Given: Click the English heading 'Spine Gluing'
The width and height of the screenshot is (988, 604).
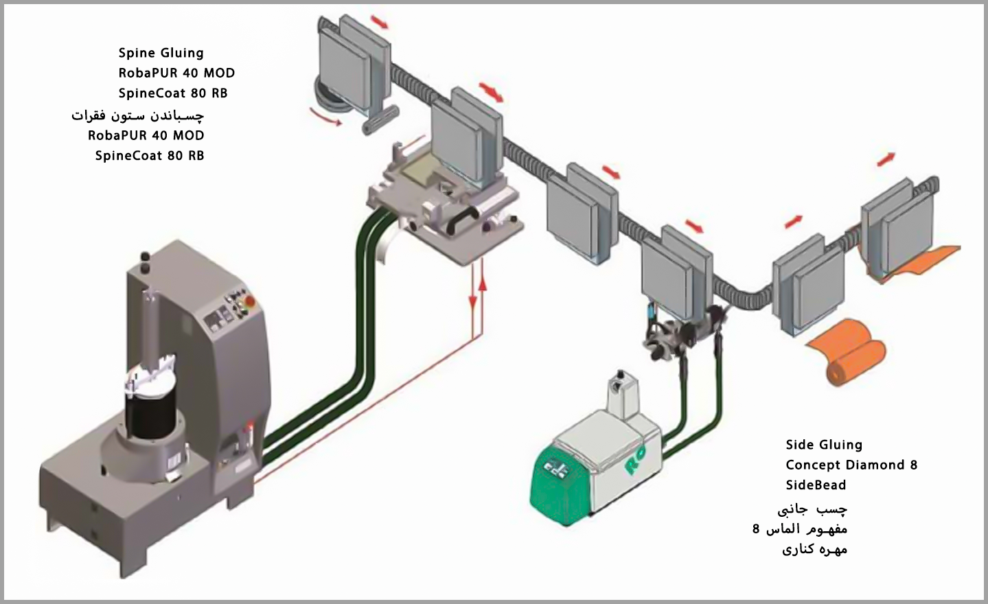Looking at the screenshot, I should pos(161,53).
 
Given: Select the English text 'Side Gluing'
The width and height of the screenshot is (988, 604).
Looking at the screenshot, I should pos(823,445).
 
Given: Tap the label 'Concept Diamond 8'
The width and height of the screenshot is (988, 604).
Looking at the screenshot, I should pos(851,465).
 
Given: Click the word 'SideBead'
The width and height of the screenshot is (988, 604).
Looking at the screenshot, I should pos(816,485).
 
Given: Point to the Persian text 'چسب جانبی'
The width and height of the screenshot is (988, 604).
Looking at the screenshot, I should pos(812,509).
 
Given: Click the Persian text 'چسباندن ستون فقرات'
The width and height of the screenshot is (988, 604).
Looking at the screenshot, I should pos(137,115).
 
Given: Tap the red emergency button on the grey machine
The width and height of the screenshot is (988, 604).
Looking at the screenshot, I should pos(249,300).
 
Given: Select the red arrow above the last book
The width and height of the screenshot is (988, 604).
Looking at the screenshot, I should pos(886,159).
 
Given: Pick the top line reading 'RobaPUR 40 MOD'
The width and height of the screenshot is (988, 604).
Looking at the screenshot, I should pos(176,73).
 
